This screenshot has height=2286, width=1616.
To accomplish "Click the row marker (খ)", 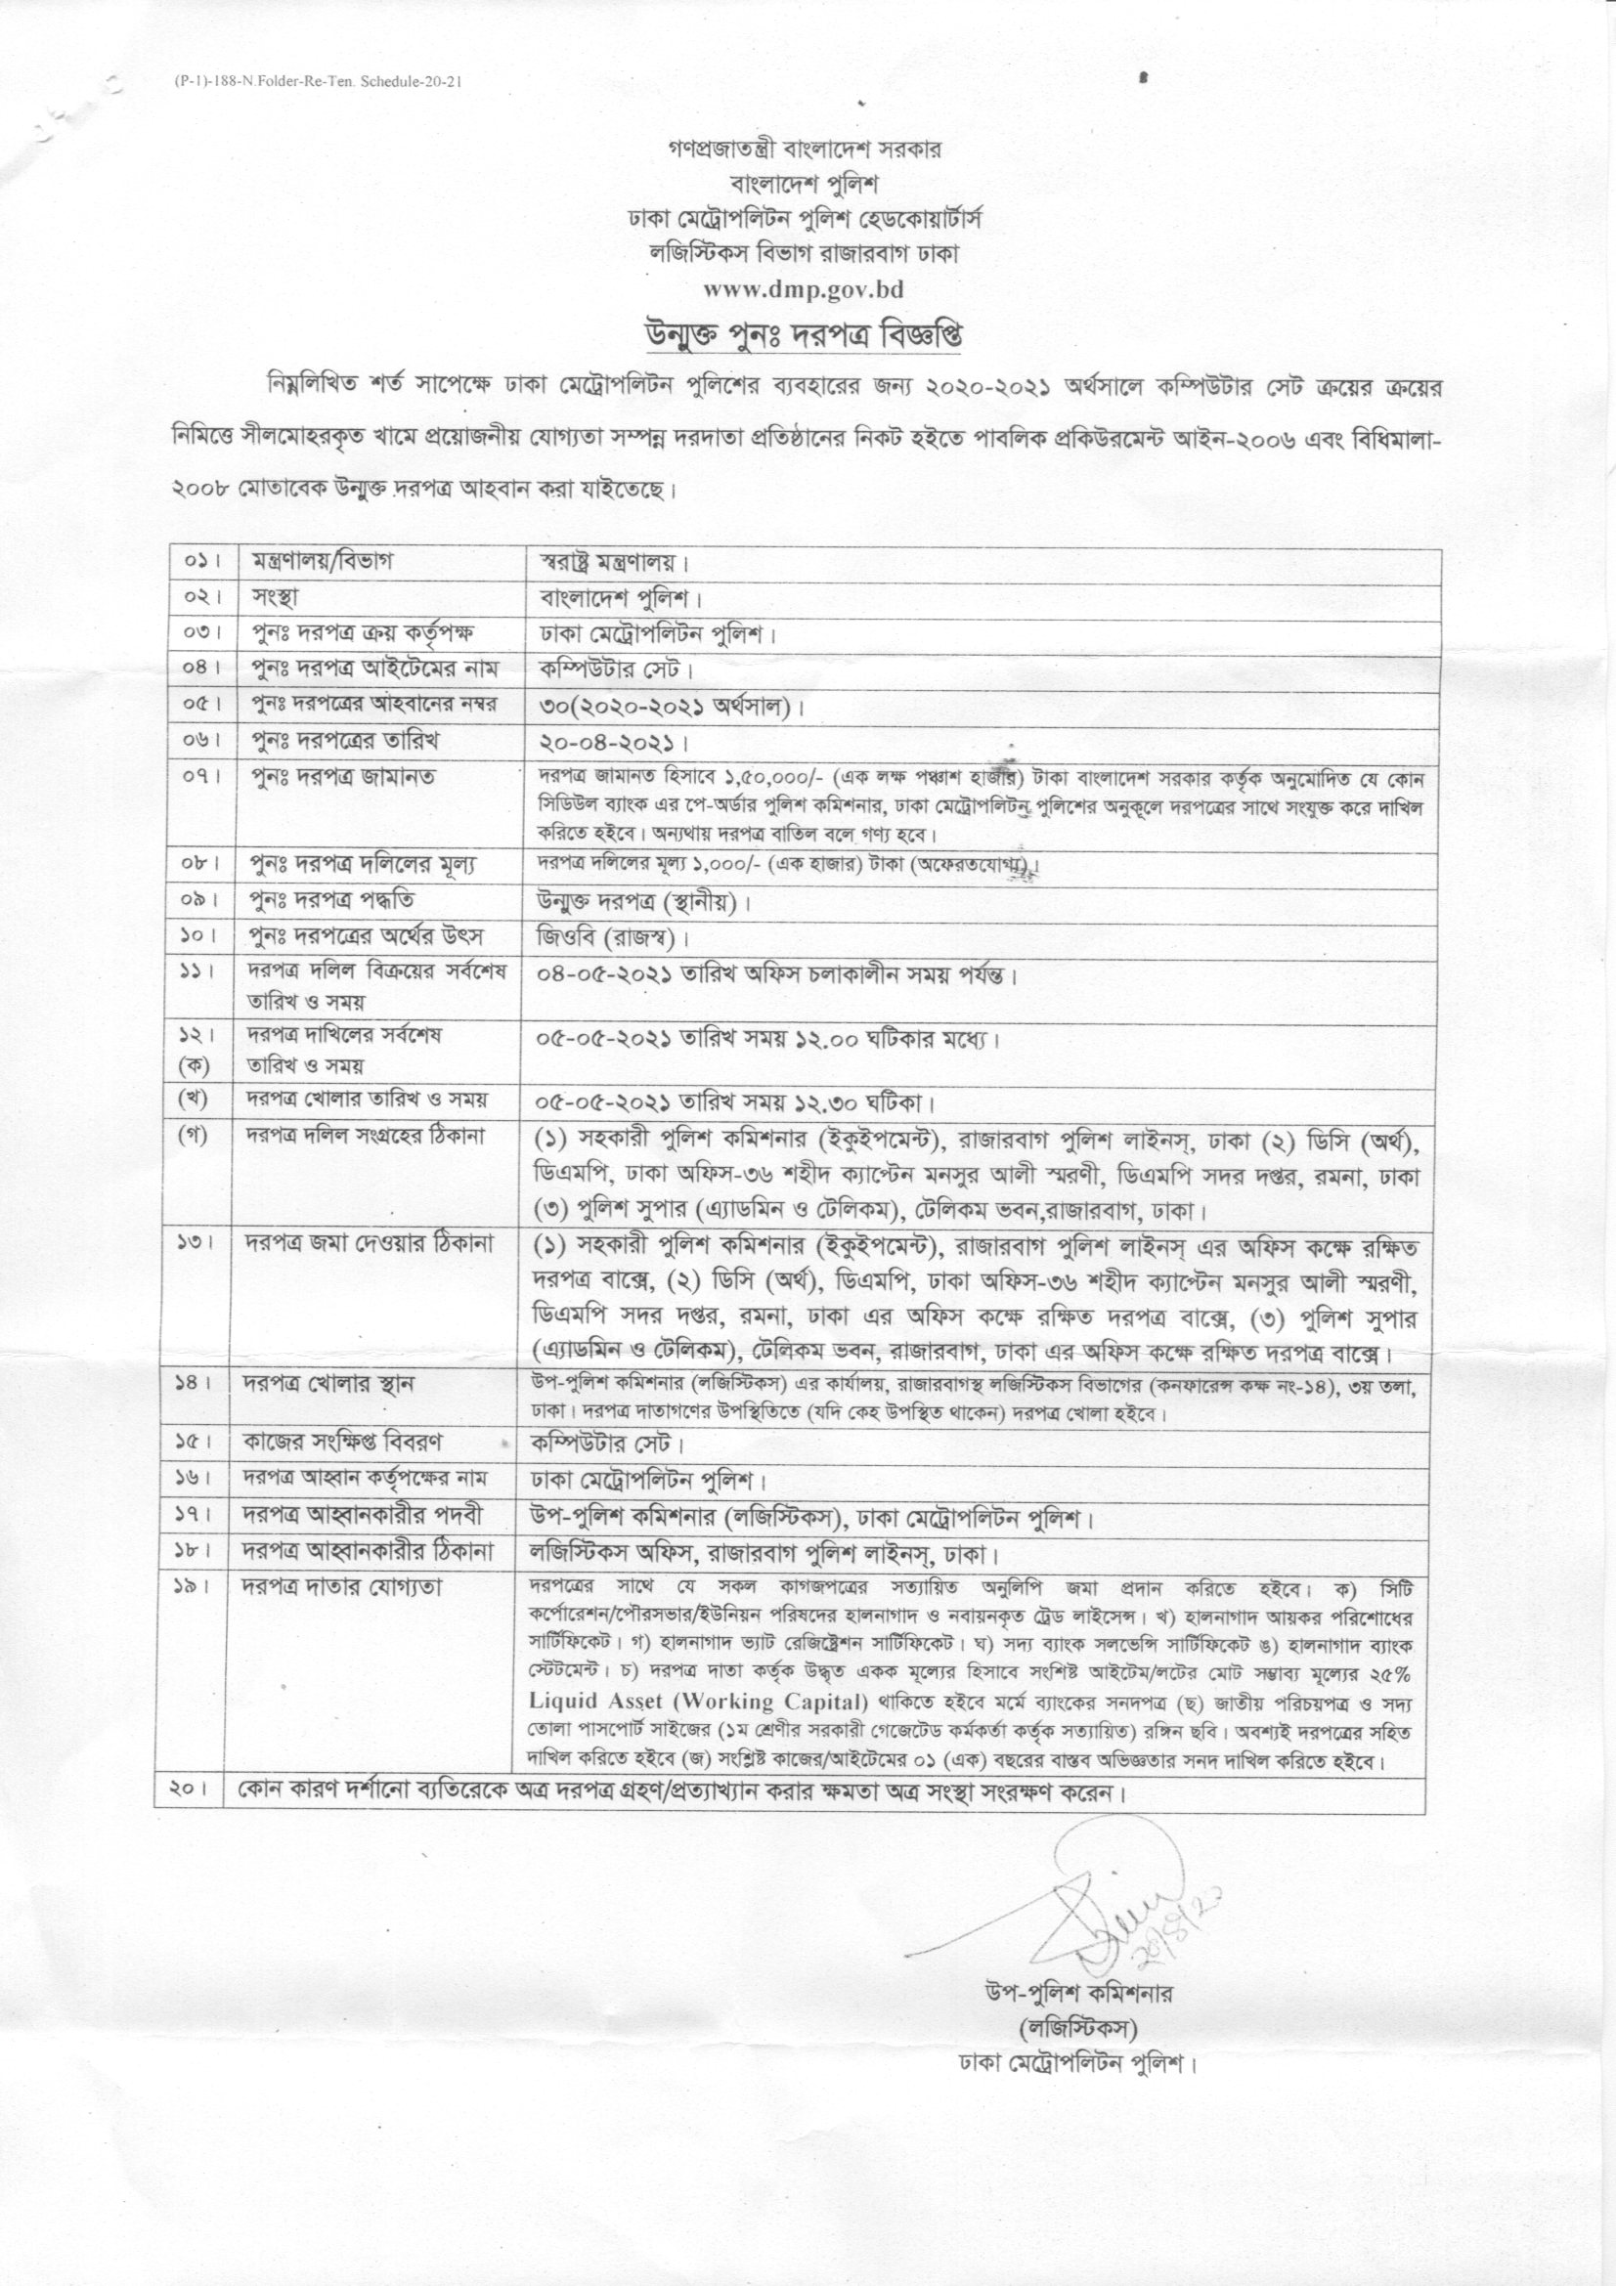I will click(195, 1100).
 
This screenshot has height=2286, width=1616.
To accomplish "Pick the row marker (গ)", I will click(195, 1136).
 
